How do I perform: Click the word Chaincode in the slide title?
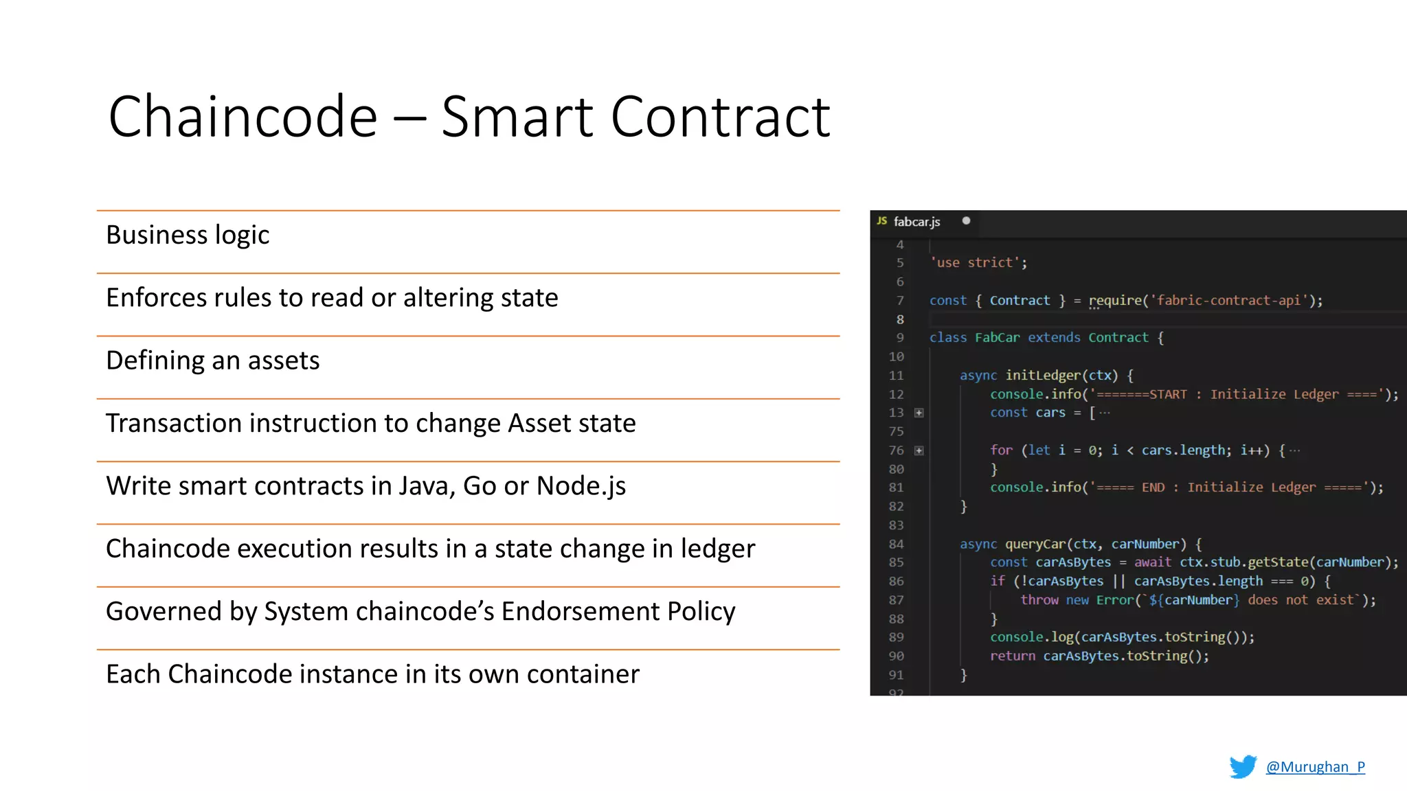coord(243,117)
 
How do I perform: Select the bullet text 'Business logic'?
coord(188,236)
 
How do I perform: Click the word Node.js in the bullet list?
coord(581,486)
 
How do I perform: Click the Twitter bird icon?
coord(1242,766)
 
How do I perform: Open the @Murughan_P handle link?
coord(1315,767)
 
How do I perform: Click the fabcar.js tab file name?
coord(916,222)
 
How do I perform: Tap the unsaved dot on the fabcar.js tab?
coord(966,221)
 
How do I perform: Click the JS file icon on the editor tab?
coord(881,221)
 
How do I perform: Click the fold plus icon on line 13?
coord(919,413)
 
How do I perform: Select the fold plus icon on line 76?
coord(919,450)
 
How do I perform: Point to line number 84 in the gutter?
coord(896,544)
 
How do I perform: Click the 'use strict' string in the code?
coord(976,262)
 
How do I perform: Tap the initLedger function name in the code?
coord(1043,375)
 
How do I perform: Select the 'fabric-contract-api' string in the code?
coord(1229,300)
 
